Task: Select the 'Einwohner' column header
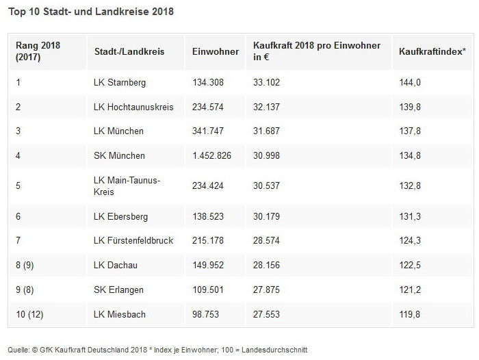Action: click(x=216, y=51)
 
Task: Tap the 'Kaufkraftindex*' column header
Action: click(x=432, y=51)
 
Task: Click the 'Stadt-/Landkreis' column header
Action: click(x=129, y=51)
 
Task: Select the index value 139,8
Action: click(x=410, y=107)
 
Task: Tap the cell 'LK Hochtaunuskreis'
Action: click(x=133, y=107)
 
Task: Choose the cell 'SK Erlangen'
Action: click(x=118, y=290)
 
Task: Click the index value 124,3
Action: click(x=410, y=241)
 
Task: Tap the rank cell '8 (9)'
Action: click(x=25, y=265)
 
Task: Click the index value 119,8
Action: click(x=410, y=314)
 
